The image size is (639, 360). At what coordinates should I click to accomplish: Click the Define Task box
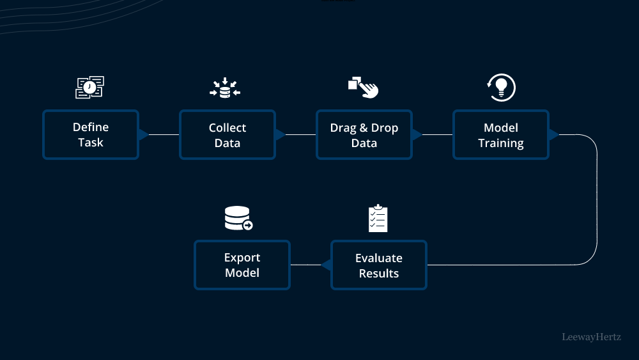[x=90, y=135]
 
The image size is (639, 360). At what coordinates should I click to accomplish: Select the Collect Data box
[x=227, y=135]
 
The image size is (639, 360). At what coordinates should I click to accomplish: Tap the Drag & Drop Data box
[x=364, y=135]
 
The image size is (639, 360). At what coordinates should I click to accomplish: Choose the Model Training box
[x=500, y=135]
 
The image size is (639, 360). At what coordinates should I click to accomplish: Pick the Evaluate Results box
[x=378, y=265]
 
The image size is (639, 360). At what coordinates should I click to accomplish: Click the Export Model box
[x=242, y=265]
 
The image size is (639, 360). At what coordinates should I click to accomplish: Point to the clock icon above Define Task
[x=89, y=88]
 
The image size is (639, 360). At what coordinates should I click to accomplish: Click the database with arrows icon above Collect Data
[x=225, y=88]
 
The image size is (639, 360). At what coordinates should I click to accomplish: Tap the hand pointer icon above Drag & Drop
[x=364, y=88]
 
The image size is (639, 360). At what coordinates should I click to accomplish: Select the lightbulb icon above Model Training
[x=501, y=88]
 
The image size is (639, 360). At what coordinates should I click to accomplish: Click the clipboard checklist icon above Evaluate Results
[x=378, y=219]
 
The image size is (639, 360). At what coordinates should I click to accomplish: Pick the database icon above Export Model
[x=238, y=219]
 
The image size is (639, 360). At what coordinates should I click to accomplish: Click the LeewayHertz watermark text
[x=591, y=336]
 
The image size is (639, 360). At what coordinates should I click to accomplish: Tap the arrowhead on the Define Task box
[x=143, y=134]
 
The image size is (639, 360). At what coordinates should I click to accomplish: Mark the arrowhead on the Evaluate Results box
[x=325, y=265]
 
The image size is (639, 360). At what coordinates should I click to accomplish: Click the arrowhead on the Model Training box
[x=553, y=134]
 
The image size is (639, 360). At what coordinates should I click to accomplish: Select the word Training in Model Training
[x=500, y=143]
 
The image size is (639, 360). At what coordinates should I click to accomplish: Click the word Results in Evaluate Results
[x=378, y=274]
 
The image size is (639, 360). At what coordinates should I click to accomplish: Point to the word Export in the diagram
[x=242, y=258]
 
